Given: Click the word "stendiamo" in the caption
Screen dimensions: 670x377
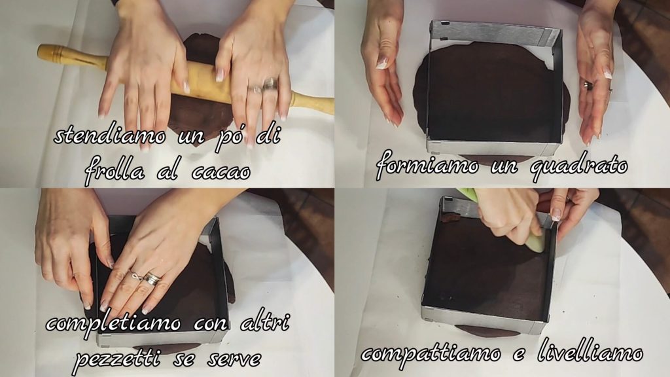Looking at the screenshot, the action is [110, 136].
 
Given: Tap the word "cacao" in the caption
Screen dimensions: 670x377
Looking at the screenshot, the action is [220, 171].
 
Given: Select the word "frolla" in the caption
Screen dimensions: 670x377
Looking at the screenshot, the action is [115, 170].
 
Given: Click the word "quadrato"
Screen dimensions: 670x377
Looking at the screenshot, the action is [578, 166].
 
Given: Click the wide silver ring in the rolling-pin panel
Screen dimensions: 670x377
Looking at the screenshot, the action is [270, 84].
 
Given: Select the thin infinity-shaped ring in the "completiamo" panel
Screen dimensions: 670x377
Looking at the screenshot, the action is [136, 276].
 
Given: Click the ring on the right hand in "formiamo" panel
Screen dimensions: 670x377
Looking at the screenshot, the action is [589, 86].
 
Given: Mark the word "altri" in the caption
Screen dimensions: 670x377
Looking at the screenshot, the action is [266, 322].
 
